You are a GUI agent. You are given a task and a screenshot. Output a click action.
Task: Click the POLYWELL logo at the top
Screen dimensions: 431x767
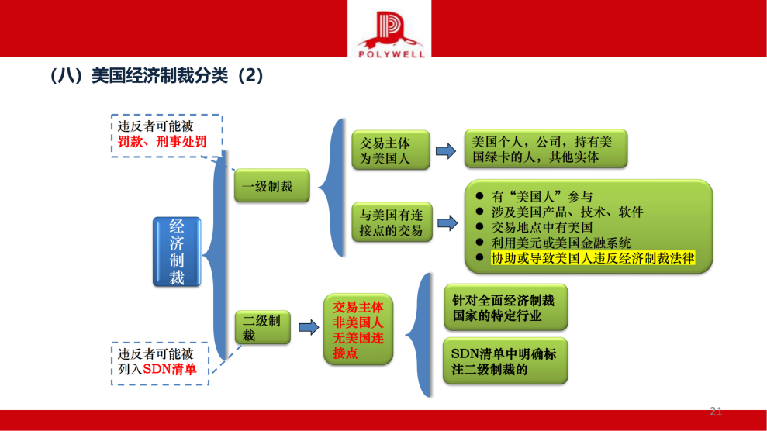point(391,33)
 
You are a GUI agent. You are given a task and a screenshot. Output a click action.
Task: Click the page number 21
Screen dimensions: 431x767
point(716,412)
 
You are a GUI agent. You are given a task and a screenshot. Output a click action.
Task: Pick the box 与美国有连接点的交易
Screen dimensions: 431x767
point(392,222)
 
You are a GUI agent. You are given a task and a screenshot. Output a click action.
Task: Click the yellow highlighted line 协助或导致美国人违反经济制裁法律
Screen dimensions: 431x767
point(593,259)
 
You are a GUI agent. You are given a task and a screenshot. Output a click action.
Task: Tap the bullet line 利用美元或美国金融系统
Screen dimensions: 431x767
point(561,243)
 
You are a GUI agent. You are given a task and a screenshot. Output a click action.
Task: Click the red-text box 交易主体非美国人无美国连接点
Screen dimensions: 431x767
point(358,329)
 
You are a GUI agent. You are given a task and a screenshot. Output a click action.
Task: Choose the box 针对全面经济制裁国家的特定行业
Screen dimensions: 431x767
point(504,308)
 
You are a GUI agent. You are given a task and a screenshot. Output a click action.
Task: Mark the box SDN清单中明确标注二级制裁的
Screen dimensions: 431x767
point(504,361)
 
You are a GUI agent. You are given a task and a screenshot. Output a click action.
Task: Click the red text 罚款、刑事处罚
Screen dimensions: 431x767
point(162,142)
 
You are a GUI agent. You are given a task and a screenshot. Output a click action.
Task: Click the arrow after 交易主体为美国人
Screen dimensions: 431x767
point(445,151)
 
